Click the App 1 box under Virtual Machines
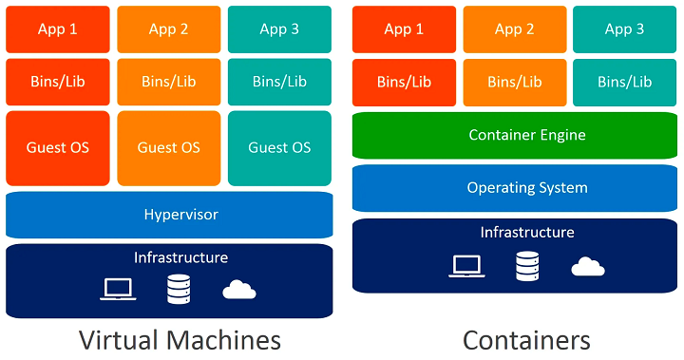point(58,29)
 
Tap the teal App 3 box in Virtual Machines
point(279,29)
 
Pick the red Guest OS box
point(58,147)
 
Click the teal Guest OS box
point(279,147)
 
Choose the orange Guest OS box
point(168,147)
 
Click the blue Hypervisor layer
point(169,215)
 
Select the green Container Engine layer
point(514,135)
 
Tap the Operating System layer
point(514,188)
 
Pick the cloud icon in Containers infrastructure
point(588,267)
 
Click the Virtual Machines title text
point(180,339)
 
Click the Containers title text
point(525,339)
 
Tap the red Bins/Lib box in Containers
point(404,82)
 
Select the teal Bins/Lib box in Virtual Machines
point(279,82)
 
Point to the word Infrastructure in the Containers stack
point(526,233)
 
